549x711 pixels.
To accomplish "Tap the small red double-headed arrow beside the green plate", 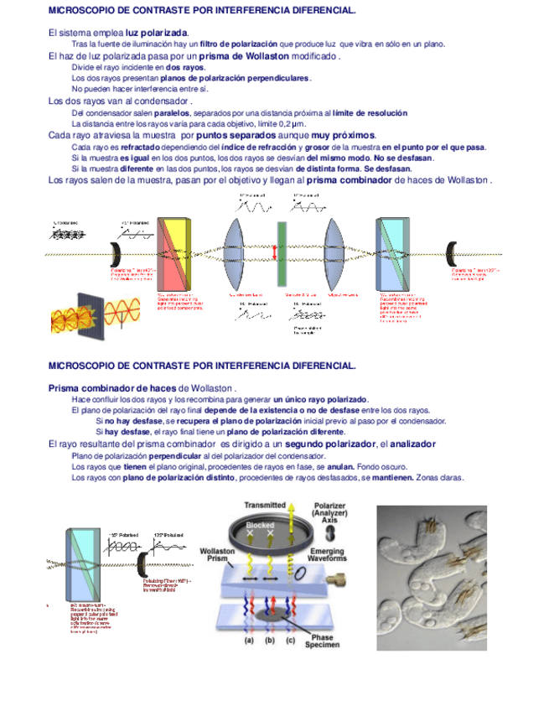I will (x=273, y=252).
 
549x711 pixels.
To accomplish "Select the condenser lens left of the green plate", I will (x=236, y=252).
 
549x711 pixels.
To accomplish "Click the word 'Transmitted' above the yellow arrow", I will (x=265, y=506).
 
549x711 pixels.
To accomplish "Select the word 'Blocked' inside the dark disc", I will (x=259, y=524).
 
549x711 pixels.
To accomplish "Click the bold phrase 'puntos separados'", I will (x=238, y=135).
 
